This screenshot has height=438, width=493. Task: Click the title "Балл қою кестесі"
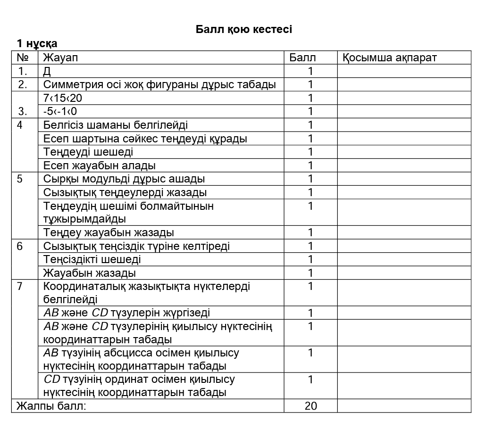244,29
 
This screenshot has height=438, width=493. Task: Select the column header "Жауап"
60,58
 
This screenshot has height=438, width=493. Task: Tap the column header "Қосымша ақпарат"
390,58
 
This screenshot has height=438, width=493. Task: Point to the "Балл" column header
302,58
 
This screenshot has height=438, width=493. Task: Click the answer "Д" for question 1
47,71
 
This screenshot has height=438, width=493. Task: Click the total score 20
310,406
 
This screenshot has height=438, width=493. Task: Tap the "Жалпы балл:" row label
51,406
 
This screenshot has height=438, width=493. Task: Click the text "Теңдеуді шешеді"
88,152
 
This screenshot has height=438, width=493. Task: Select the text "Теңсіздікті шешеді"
92,259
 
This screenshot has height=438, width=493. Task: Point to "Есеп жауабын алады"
100,165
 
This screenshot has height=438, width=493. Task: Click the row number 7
19,286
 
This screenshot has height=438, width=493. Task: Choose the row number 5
19,179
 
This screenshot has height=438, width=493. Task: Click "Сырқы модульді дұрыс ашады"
124,179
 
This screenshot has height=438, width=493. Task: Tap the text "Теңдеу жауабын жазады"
109,232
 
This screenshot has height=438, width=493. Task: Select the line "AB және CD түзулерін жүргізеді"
127,313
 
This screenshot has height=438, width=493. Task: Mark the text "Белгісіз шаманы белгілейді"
116,125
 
